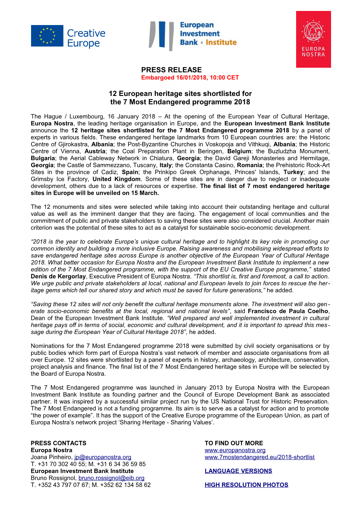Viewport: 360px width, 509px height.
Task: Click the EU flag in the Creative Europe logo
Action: coord(47,36)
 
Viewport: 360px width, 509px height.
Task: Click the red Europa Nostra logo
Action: coord(313,39)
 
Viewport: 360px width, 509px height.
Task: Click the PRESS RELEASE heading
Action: coord(172,70)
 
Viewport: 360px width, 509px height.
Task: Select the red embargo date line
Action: coord(190,78)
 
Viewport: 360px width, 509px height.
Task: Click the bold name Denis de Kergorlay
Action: coord(58,277)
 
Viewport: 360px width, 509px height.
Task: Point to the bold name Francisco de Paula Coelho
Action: coord(288,311)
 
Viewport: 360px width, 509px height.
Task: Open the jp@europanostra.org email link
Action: coord(103,457)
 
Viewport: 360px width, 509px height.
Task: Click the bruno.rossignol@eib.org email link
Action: coord(112,478)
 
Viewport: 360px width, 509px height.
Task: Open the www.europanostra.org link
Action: coord(235,450)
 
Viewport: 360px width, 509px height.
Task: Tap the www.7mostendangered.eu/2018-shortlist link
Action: coord(259,457)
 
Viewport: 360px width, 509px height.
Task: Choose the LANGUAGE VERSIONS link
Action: coord(238,471)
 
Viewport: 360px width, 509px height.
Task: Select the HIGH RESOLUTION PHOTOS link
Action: coord(246,485)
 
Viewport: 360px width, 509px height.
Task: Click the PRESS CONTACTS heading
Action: coord(59,443)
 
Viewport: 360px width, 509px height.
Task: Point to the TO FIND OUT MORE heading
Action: coord(234,443)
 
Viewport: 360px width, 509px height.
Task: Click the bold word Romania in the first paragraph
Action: coord(250,165)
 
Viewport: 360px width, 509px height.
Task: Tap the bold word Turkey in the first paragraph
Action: coord(293,172)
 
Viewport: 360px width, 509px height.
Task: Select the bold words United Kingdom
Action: coord(116,179)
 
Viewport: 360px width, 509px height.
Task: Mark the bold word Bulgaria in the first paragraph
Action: coord(43,158)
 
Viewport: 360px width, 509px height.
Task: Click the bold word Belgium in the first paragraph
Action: coord(239,151)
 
